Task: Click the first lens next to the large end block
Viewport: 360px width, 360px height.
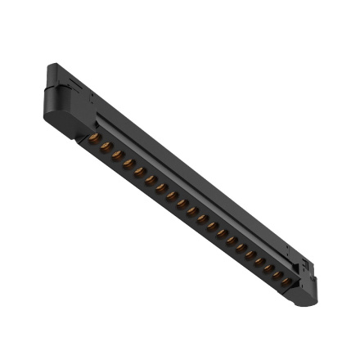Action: coord(94,139)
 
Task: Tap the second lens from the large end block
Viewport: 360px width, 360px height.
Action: coord(106,147)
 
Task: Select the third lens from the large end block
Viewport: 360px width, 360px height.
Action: coord(117,155)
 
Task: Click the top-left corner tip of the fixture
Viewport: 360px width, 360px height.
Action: coord(50,65)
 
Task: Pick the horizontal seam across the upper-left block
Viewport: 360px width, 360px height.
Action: coord(61,92)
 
